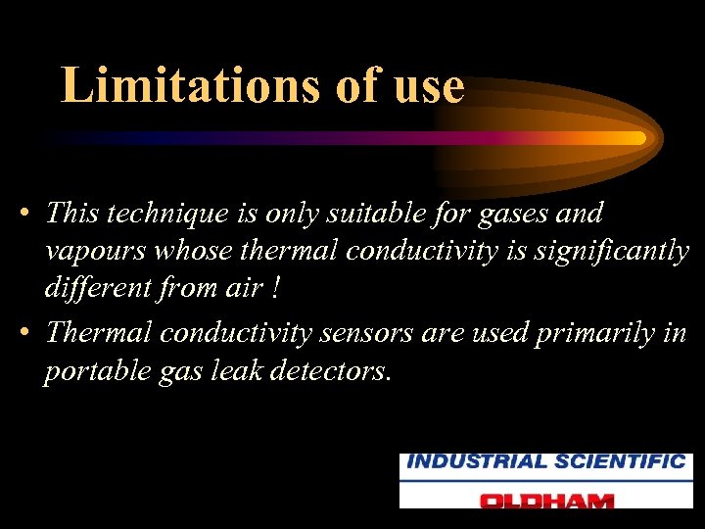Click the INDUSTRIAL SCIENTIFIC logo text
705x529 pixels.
(x=545, y=462)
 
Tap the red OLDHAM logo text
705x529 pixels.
(x=545, y=500)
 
